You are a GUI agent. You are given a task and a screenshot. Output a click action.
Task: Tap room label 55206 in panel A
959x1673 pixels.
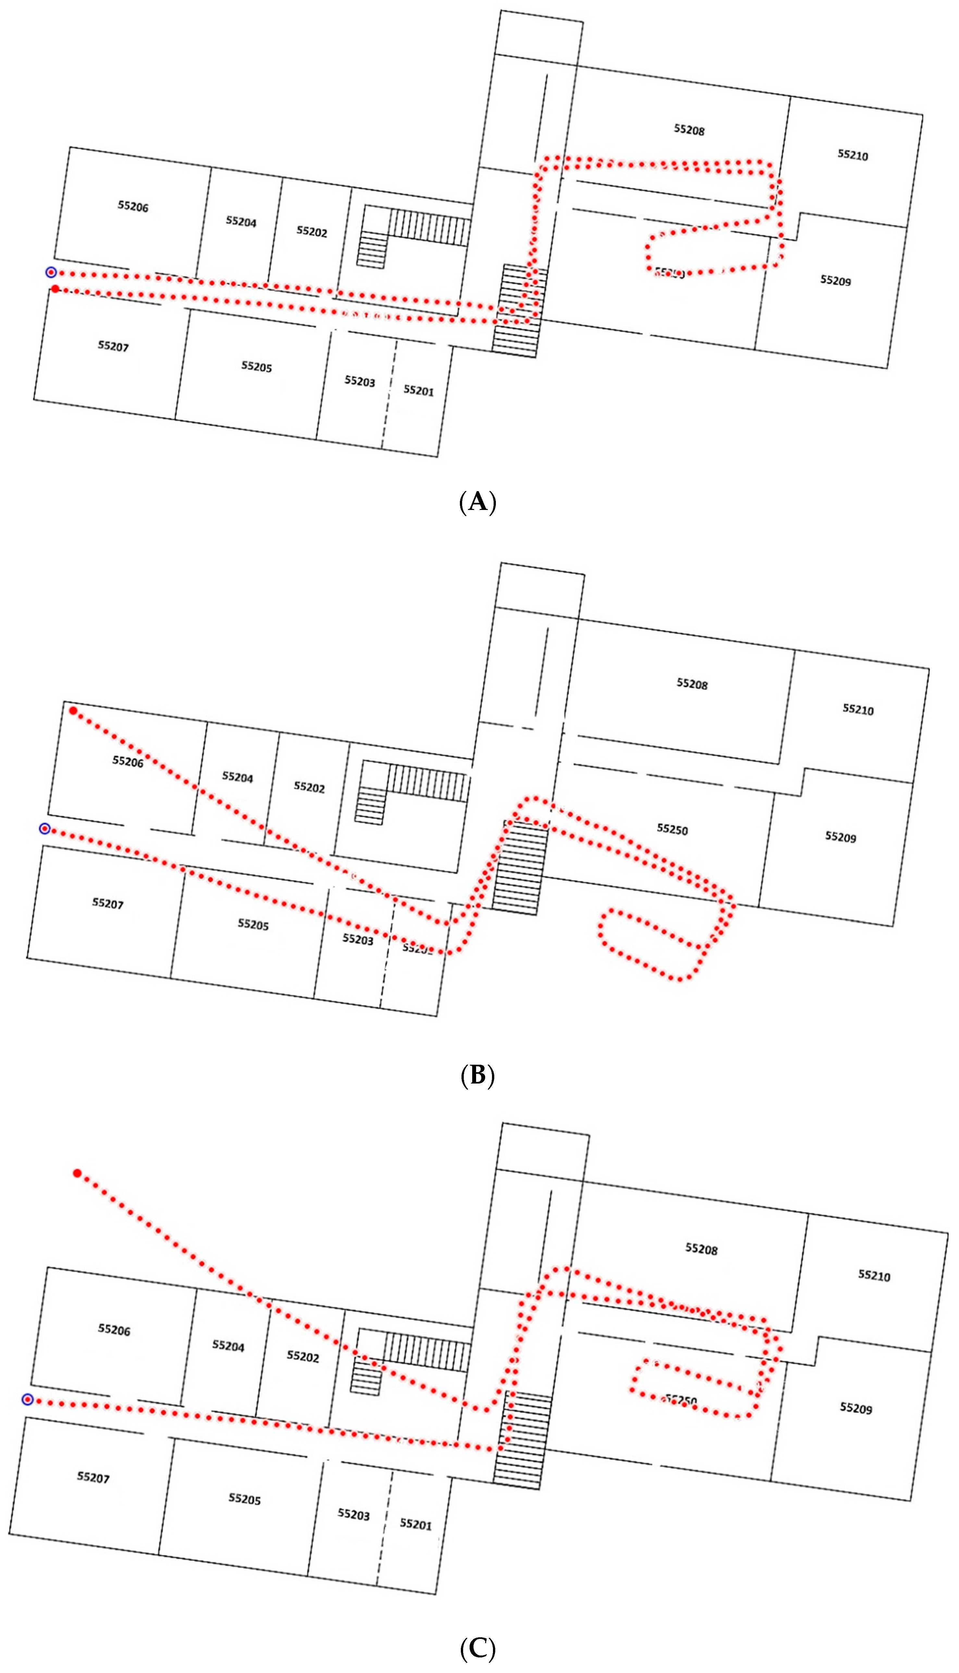[133, 207]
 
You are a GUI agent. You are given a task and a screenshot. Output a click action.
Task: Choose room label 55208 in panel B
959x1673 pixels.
[692, 684]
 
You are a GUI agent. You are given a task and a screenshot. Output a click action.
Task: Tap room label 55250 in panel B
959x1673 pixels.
[672, 829]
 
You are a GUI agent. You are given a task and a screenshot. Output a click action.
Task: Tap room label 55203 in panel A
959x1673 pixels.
[360, 381]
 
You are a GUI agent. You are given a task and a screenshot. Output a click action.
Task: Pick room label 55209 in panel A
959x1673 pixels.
[835, 280]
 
